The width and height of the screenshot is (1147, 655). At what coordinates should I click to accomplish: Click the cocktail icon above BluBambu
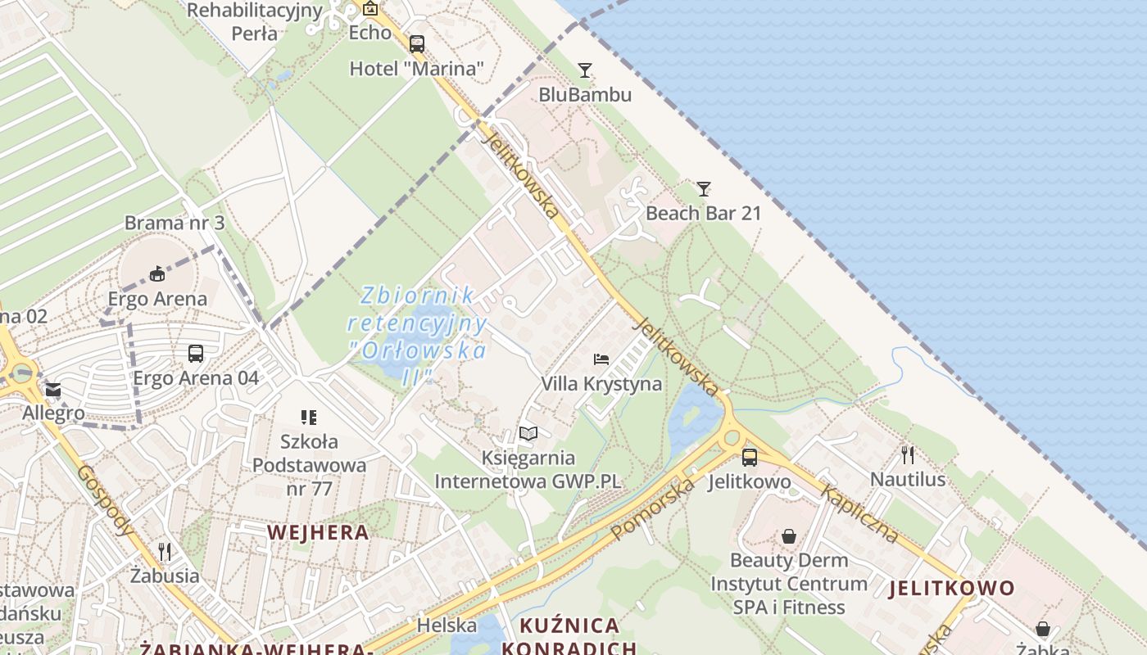pyautogui.click(x=584, y=70)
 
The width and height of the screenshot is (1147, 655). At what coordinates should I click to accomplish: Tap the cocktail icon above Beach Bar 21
pyautogui.click(x=703, y=189)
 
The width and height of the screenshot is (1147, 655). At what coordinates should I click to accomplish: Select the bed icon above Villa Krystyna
pyautogui.click(x=601, y=359)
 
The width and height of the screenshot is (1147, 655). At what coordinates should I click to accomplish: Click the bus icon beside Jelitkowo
pyautogui.click(x=749, y=457)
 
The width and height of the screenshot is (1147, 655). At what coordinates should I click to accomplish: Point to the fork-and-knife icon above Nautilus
pyautogui.click(x=907, y=454)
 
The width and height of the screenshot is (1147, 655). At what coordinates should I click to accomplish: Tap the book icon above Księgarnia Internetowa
pyautogui.click(x=528, y=434)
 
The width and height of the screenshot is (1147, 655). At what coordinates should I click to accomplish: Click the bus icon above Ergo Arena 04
pyautogui.click(x=195, y=354)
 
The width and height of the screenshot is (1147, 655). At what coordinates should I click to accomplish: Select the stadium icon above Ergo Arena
pyautogui.click(x=157, y=274)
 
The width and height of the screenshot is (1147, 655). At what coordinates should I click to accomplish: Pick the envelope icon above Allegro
pyautogui.click(x=53, y=390)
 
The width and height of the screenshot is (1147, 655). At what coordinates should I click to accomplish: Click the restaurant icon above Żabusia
pyautogui.click(x=165, y=552)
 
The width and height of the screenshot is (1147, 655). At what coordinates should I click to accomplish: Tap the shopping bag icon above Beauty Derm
pyautogui.click(x=788, y=536)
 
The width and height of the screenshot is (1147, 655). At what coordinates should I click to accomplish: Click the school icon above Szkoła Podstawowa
pyautogui.click(x=309, y=418)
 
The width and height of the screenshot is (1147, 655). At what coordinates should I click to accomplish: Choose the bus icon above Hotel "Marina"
pyautogui.click(x=417, y=44)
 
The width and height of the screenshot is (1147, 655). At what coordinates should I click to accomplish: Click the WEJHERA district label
pyautogui.click(x=318, y=532)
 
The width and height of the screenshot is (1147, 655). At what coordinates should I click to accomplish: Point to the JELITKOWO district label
pyautogui.click(x=951, y=588)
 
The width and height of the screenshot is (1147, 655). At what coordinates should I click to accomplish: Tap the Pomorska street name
pyautogui.click(x=653, y=509)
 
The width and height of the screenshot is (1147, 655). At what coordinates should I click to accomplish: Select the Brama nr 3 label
pyautogui.click(x=175, y=223)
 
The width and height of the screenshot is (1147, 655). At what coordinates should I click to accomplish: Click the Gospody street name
pyautogui.click(x=106, y=500)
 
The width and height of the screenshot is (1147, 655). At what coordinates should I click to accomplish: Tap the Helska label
pyautogui.click(x=447, y=626)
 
